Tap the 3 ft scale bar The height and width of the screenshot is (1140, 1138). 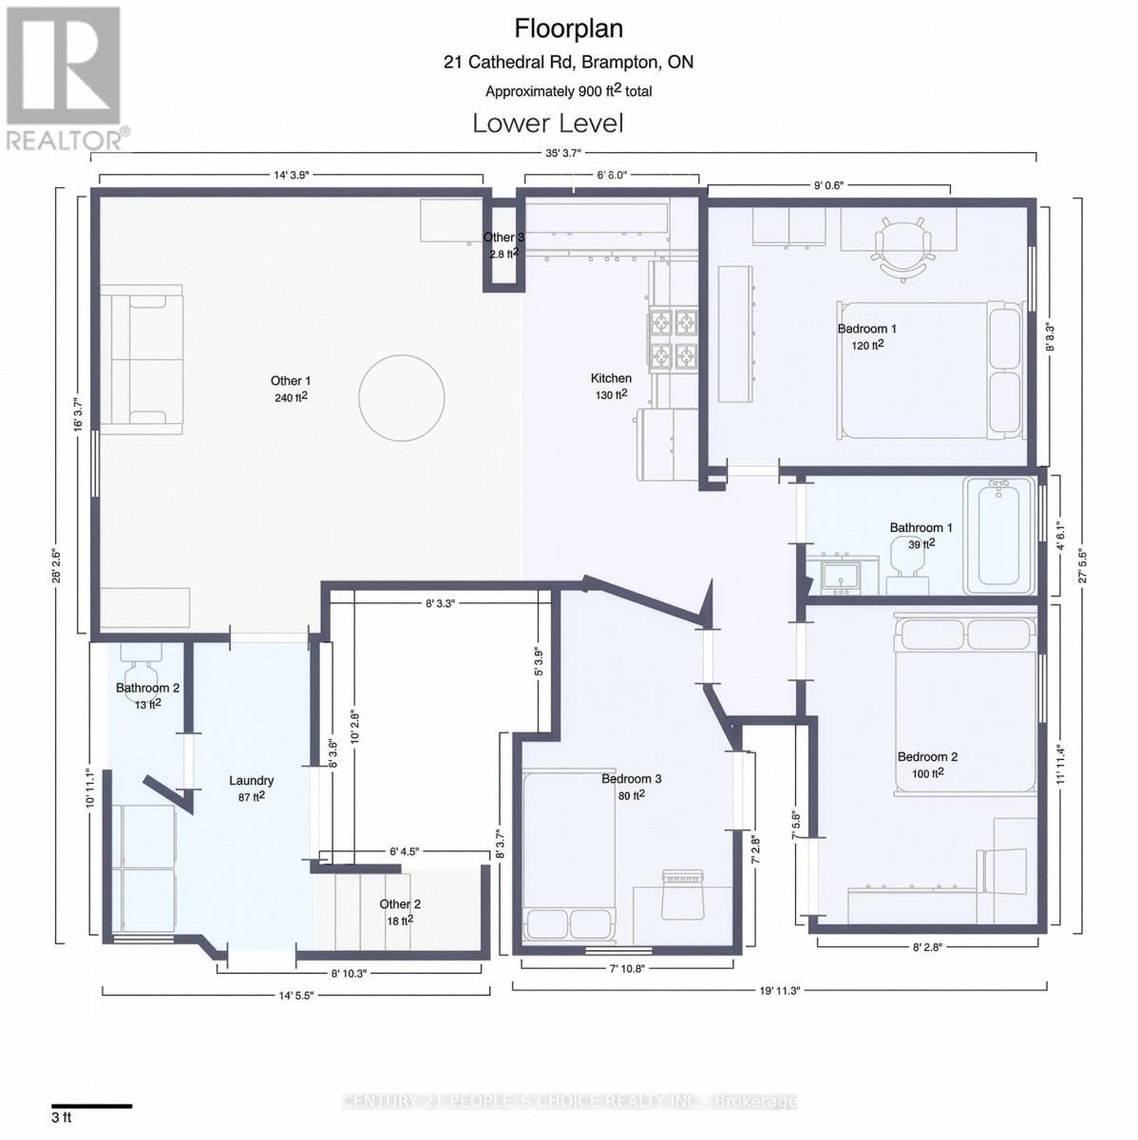(91, 1105)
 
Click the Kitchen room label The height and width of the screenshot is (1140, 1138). (611, 378)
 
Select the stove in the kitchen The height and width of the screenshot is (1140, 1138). (673, 339)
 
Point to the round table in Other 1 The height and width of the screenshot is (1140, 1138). (402, 397)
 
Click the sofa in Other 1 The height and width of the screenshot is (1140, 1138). (142, 359)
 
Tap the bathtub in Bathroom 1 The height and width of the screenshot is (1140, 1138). (998, 535)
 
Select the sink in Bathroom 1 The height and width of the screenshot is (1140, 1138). (841, 576)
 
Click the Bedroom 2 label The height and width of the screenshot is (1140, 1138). (927, 757)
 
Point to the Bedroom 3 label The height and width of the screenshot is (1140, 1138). (631, 779)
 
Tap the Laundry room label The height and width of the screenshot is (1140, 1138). (252, 781)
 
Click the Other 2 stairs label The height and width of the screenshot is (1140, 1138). (400, 904)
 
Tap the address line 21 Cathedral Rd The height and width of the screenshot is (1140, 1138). (568, 63)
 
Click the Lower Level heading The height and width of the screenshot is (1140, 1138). (547, 123)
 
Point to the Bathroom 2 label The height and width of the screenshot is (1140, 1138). (147, 688)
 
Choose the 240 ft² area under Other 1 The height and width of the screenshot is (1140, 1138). (291, 397)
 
